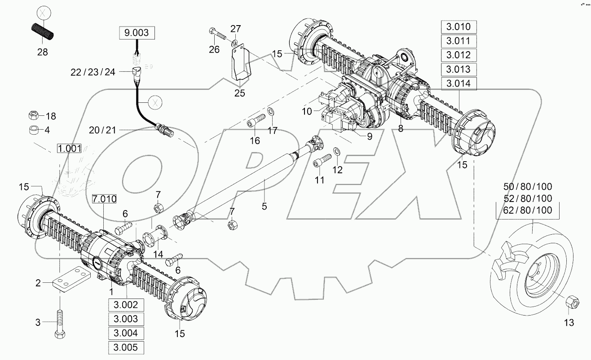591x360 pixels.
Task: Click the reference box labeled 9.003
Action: tap(137, 33)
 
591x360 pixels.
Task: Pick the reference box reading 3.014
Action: tap(458, 84)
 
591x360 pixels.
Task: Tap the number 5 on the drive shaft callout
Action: tap(264, 206)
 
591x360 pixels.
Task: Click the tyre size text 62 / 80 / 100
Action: tap(528, 210)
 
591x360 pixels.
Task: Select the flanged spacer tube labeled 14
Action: tap(152, 237)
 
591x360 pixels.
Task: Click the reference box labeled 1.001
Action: tap(69, 148)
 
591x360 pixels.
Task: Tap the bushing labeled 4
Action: tap(33, 130)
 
